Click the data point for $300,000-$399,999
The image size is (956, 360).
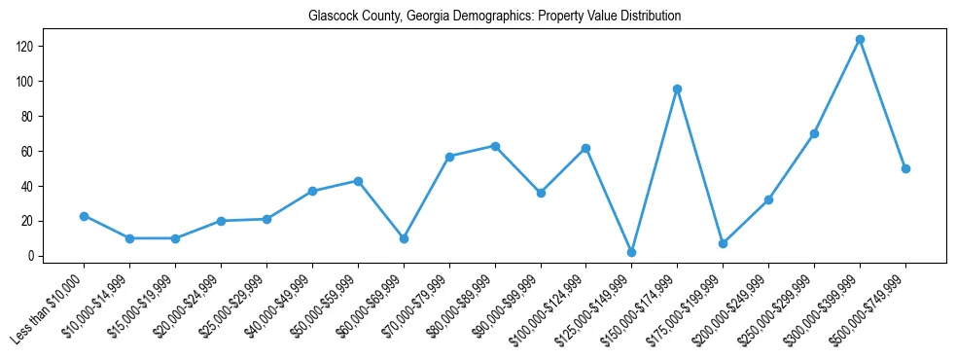860,39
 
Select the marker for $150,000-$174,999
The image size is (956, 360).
677,89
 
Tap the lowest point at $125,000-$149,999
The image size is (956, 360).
631,252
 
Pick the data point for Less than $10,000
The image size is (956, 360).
84,216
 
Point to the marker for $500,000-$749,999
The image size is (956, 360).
905,168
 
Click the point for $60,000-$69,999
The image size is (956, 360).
404,238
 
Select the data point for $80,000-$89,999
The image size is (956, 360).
495,146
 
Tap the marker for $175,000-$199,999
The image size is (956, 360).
723,243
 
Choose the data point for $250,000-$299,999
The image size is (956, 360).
814,133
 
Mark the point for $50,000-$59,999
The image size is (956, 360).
358,181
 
